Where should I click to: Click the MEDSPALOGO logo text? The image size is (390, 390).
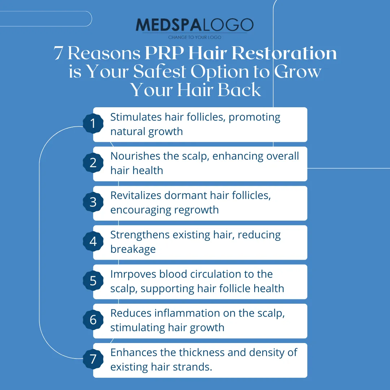(x=195, y=25)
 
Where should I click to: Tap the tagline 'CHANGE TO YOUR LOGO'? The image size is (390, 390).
(x=195, y=37)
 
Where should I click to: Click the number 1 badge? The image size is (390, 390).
(x=93, y=123)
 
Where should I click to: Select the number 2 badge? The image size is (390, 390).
(x=93, y=162)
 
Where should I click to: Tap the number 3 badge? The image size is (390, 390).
(x=93, y=202)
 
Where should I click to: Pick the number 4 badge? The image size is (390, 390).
(x=93, y=241)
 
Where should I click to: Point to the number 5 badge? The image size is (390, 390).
(x=93, y=281)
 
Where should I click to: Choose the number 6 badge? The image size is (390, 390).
(x=93, y=320)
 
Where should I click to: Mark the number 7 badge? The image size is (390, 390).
(x=93, y=359)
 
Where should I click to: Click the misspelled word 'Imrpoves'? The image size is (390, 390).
(x=133, y=274)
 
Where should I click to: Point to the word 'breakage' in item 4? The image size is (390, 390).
(x=133, y=249)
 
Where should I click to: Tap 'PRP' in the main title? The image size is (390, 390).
(x=164, y=53)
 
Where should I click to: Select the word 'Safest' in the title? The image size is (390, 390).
(x=160, y=71)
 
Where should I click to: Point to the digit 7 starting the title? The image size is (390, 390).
(x=58, y=53)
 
